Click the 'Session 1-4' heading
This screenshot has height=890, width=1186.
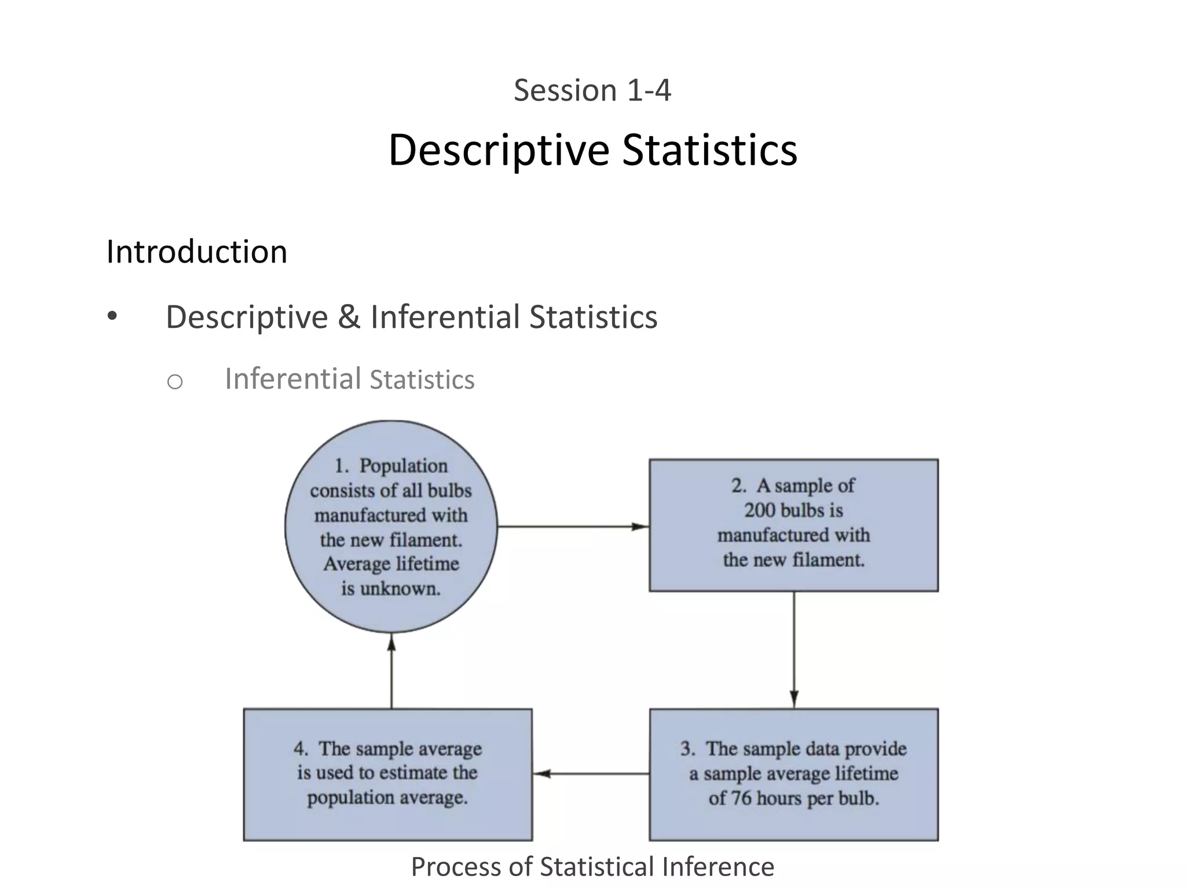[x=592, y=91]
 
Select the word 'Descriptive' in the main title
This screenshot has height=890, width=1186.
[x=499, y=150]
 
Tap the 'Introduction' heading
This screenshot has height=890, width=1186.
[x=197, y=252]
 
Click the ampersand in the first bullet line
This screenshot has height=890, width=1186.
[x=349, y=318]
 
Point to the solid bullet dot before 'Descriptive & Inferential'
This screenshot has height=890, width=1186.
[x=112, y=316]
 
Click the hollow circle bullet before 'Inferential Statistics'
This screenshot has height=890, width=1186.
[x=175, y=382]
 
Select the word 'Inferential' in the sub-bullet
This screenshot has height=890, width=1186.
[x=293, y=379]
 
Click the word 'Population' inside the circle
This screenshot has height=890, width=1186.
[x=404, y=466]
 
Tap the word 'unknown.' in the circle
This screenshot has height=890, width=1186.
[x=400, y=589]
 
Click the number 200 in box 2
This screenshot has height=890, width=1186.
[x=760, y=510]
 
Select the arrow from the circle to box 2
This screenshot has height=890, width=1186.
[x=573, y=527]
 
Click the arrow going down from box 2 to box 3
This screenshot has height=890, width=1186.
[x=794, y=650]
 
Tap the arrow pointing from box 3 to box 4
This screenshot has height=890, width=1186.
[x=591, y=774]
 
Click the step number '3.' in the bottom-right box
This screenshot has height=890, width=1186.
[x=688, y=749]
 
